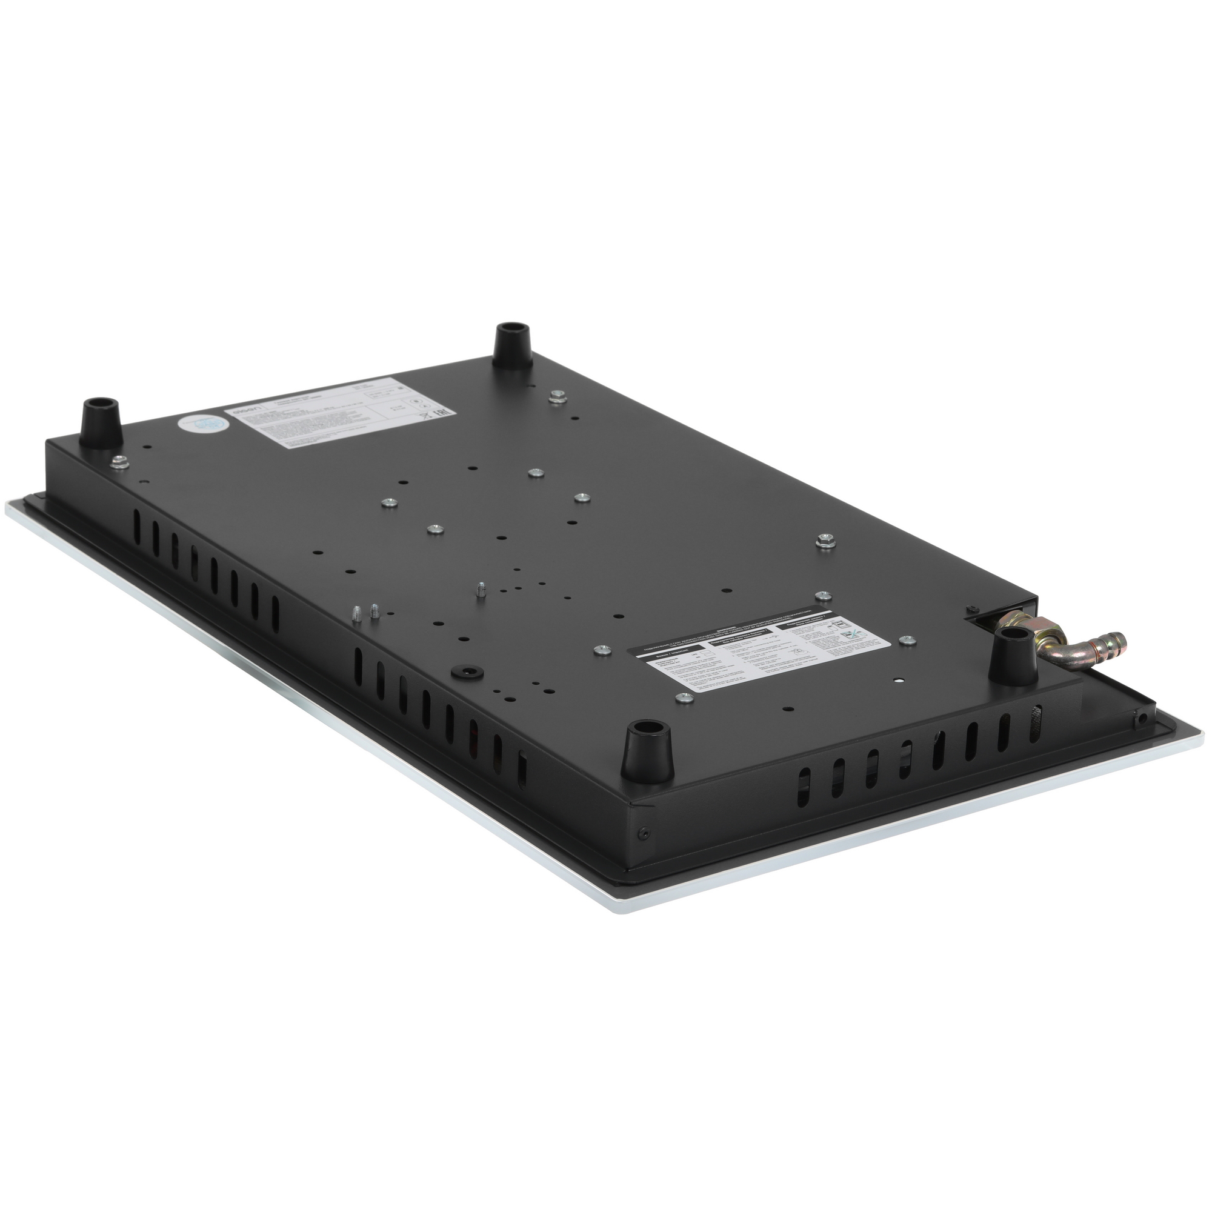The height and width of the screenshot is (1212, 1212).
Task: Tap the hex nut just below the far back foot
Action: pyautogui.click(x=556, y=396)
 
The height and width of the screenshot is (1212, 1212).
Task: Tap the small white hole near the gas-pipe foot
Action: pyautogui.click(x=899, y=681)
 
